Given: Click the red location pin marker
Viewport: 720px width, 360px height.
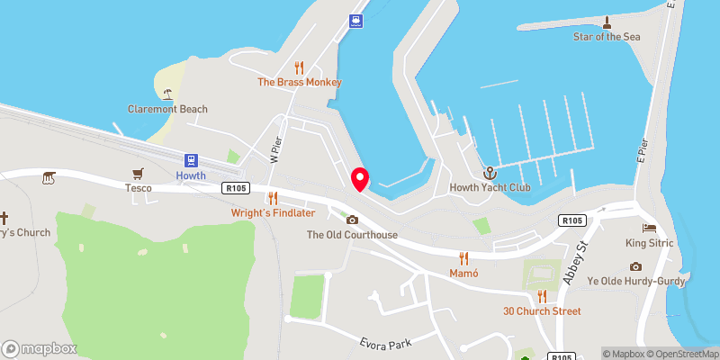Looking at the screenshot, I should pyautogui.click(x=360, y=178).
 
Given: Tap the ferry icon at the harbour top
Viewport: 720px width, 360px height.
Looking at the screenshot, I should pyautogui.click(x=357, y=22).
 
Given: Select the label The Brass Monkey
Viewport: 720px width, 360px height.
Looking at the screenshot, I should pyautogui.click(x=300, y=82).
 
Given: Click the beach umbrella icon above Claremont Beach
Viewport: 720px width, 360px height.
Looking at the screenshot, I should pyautogui.click(x=167, y=94).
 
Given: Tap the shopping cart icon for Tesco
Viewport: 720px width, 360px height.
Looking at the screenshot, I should pyautogui.click(x=138, y=173).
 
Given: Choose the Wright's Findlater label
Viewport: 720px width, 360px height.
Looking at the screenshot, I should pyautogui.click(x=273, y=212).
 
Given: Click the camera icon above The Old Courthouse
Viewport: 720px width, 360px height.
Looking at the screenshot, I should pyautogui.click(x=352, y=220).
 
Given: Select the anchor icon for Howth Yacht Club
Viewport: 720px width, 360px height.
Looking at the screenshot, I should pyautogui.click(x=490, y=172).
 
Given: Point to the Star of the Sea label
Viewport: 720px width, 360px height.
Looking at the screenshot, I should pyautogui.click(x=607, y=37).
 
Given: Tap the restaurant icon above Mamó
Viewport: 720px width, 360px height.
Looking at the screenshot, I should pyautogui.click(x=464, y=257).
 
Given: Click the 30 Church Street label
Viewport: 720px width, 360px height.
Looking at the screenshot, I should pyautogui.click(x=542, y=311).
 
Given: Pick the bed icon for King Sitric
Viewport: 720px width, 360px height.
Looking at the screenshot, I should pyautogui.click(x=650, y=228).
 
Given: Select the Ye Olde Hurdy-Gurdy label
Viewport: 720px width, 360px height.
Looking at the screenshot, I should pyautogui.click(x=636, y=281).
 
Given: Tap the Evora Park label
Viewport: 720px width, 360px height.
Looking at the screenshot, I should pyautogui.click(x=386, y=342).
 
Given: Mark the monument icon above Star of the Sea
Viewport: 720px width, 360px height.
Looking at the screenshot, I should pyautogui.click(x=607, y=22).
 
